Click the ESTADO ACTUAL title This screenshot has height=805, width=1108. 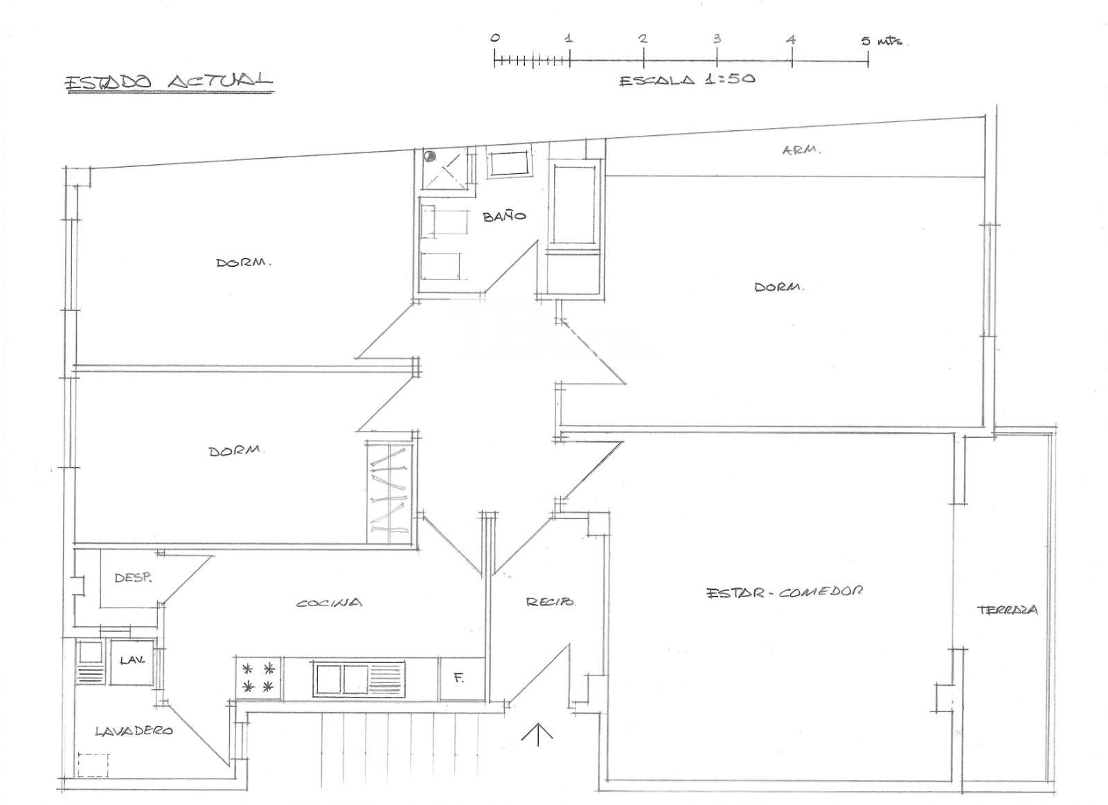pyautogui.click(x=169, y=82)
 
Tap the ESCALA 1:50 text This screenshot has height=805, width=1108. pyautogui.click(x=688, y=80)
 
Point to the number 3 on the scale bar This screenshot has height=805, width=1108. pyautogui.click(x=717, y=39)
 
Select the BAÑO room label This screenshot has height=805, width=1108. pyautogui.click(x=504, y=216)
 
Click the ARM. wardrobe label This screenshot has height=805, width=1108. pyautogui.click(x=801, y=150)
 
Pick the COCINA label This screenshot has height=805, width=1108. pyautogui.click(x=329, y=603)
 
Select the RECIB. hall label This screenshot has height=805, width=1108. pyautogui.click(x=550, y=602)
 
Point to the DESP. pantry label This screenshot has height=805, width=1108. pyautogui.click(x=133, y=577)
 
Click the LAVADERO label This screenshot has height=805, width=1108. pyautogui.click(x=134, y=730)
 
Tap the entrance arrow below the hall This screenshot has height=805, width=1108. pyautogui.click(x=537, y=734)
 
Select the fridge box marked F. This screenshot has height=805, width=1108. pyautogui.click(x=462, y=678)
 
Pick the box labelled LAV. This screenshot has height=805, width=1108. pyautogui.click(x=131, y=662)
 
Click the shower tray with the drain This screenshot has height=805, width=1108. pyautogui.click(x=445, y=169)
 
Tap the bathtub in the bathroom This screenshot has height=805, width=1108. pyautogui.click(x=574, y=204)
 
